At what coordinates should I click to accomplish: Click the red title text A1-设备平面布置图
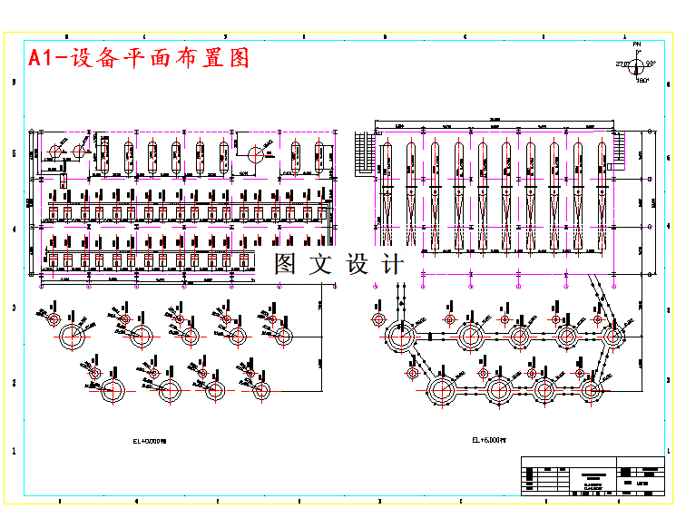point(139,58)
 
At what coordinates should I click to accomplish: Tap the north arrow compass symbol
point(638,64)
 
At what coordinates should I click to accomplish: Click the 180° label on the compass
point(642,81)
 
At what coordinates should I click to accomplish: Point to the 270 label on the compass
point(622,64)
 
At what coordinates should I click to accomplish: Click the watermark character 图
point(286,265)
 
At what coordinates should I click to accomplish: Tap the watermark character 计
point(393,265)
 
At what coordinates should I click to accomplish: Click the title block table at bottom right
point(594,476)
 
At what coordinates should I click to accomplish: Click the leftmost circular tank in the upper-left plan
point(56,151)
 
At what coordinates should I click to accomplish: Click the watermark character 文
point(321,265)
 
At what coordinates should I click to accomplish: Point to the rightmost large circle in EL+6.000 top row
point(613,337)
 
